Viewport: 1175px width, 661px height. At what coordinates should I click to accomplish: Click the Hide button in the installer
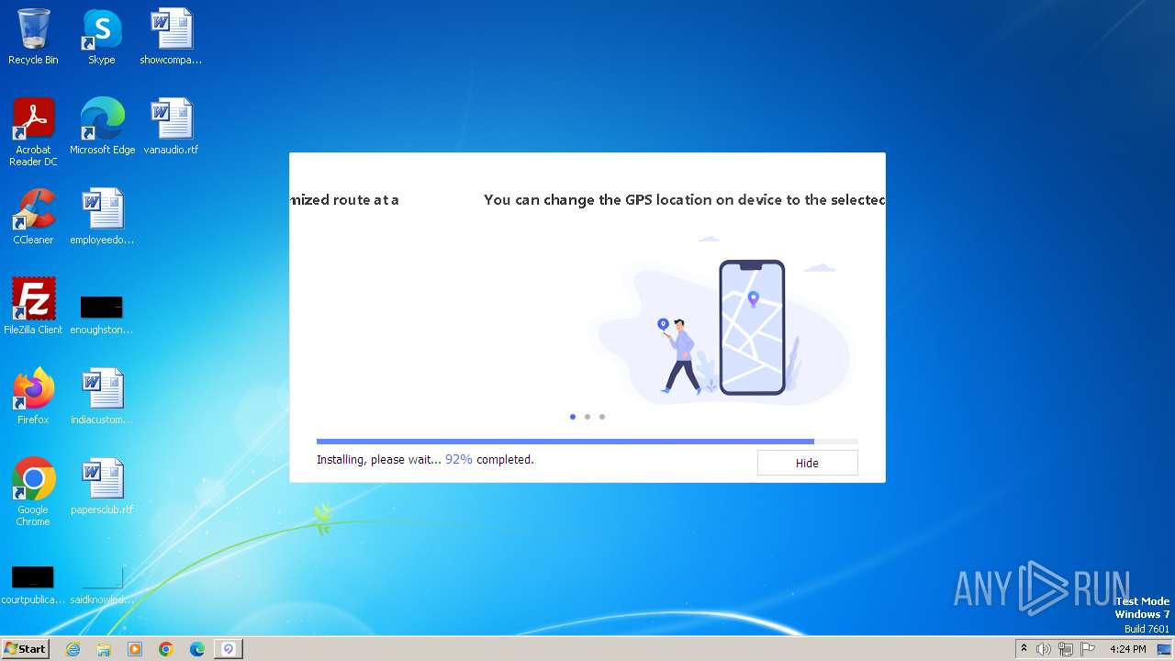807,463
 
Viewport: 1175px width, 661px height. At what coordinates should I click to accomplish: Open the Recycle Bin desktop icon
33,31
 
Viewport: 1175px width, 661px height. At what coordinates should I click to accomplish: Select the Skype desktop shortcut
101,31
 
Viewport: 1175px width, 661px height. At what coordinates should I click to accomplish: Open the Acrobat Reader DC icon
33,120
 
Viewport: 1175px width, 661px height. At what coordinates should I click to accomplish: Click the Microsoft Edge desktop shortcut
102,120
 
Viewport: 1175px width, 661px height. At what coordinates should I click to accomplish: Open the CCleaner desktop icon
33,210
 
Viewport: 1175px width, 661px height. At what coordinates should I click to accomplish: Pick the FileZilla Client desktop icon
33,300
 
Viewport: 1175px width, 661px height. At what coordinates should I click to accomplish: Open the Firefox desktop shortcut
33,390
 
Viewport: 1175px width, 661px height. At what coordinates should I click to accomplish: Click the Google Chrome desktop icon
33,480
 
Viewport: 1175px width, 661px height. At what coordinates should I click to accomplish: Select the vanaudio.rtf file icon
171,120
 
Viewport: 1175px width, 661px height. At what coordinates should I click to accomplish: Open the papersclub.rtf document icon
102,480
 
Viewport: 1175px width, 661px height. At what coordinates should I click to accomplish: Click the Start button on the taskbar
25,649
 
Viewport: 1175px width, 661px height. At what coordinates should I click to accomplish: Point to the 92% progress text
458,459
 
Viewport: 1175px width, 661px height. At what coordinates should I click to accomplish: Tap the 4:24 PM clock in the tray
1127,649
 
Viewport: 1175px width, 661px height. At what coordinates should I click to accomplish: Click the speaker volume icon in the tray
1044,649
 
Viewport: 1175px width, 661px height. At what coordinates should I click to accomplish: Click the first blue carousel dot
573,417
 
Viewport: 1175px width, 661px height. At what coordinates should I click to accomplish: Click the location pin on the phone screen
754,298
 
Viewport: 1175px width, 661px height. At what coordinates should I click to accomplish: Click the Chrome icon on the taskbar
166,649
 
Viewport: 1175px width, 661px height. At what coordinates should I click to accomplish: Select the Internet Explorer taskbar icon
73,649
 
